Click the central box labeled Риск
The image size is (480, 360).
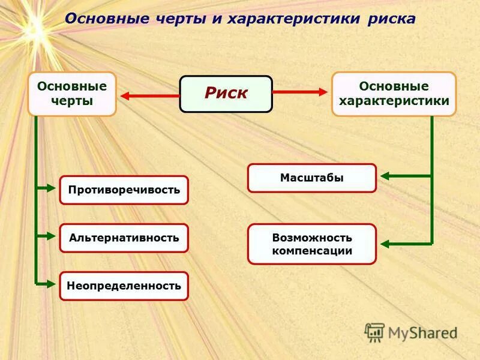(x=226, y=94)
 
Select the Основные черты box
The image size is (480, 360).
(x=72, y=94)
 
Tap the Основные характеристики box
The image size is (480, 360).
(x=394, y=94)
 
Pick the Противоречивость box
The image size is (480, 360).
(x=124, y=190)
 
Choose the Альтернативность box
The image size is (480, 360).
(x=124, y=238)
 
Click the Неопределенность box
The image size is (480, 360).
(x=124, y=286)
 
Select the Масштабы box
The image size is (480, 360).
(x=311, y=178)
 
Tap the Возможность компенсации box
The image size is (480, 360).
(x=311, y=244)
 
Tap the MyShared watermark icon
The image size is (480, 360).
(x=374, y=332)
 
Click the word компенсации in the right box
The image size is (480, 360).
(x=311, y=251)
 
